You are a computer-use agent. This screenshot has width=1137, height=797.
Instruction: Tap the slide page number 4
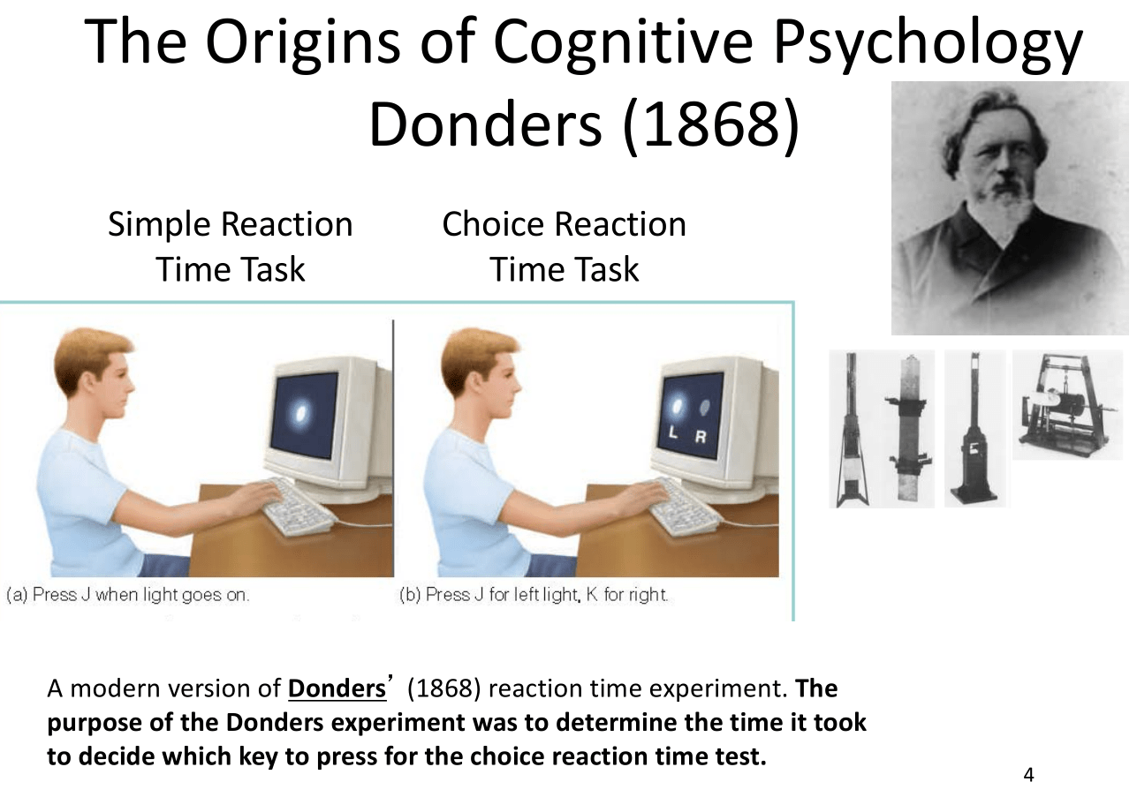pyautogui.click(x=1027, y=775)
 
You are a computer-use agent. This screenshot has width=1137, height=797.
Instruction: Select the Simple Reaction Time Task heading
pyautogui.click(x=230, y=246)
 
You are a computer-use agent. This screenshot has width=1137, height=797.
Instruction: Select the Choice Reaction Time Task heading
pyautogui.click(x=564, y=246)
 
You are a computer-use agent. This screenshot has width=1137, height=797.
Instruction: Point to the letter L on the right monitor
pyautogui.click(x=673, y=432)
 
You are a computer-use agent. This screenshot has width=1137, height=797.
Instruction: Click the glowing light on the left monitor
pyautogui.click(x=301, y=412)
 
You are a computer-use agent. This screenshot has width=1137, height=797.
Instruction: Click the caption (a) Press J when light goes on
pyautogui.click(x=128, y=595)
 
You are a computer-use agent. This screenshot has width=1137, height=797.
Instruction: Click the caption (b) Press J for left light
pyautogui.click(x=534, y=595)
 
